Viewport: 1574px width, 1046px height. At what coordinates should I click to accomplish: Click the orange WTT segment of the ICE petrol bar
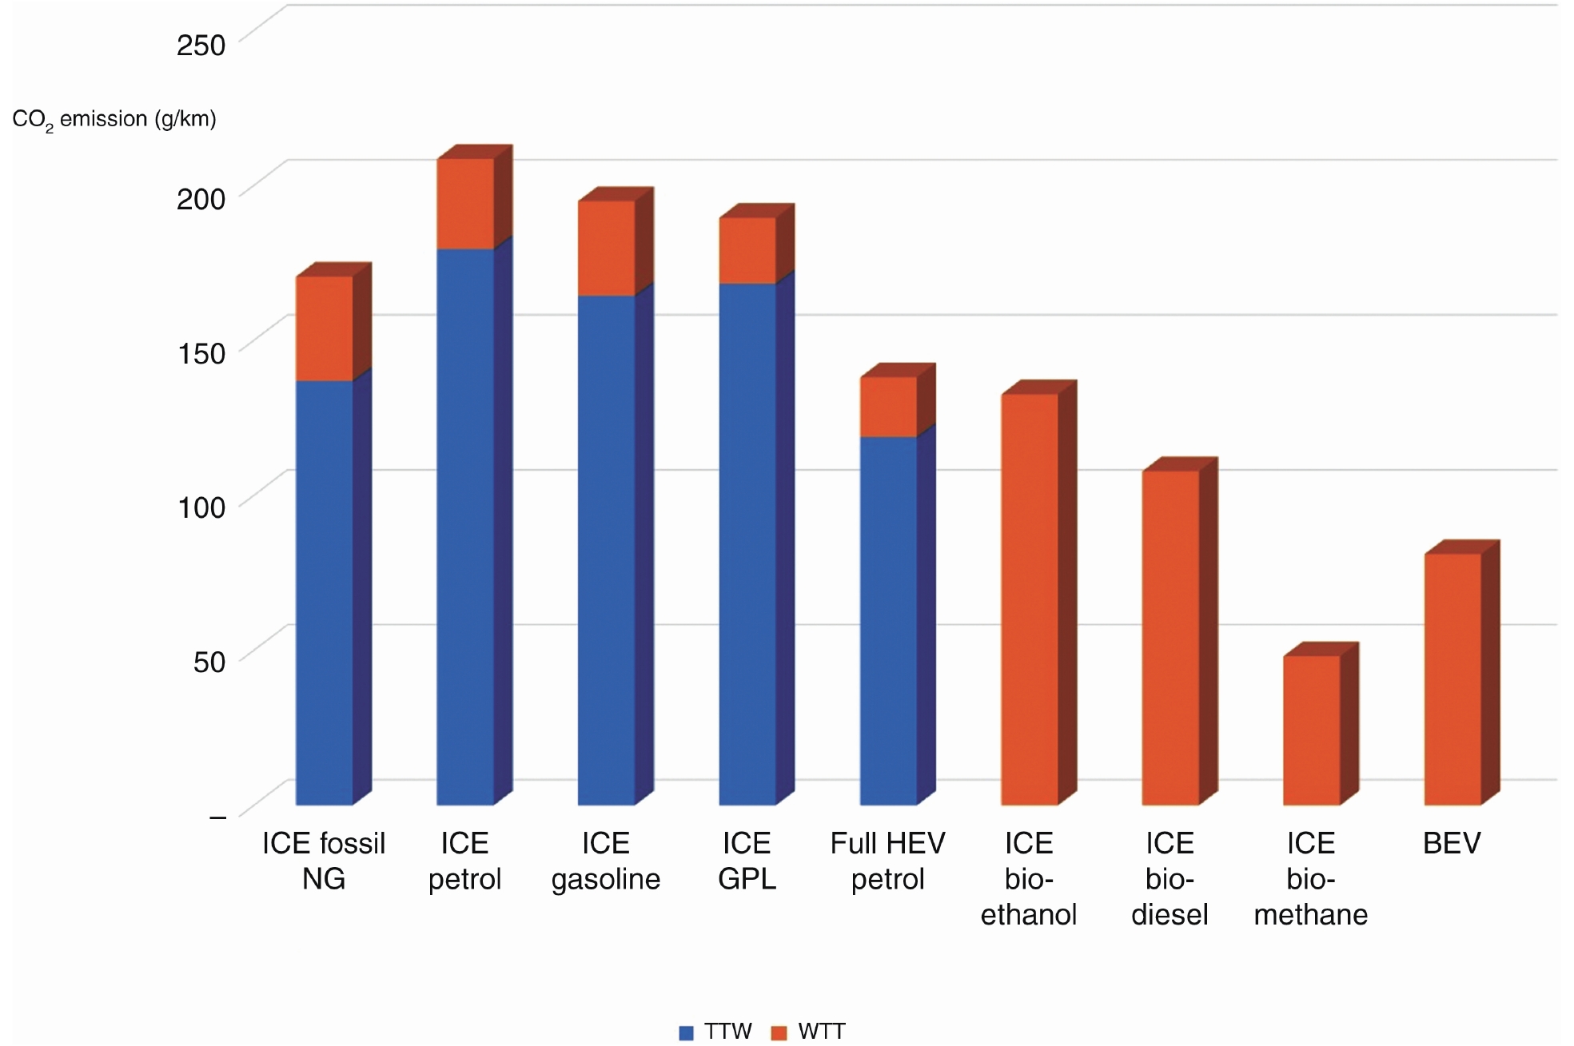tap(464, 204)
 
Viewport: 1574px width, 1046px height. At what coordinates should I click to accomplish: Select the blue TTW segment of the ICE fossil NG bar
tap(325, 591)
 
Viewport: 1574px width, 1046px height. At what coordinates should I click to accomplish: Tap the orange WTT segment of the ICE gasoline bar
tap(606, 248)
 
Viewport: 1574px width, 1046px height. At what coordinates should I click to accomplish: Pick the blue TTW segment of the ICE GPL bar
tap(747, 543)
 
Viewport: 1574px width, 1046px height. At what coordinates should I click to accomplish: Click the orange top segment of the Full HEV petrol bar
tap(888, 407)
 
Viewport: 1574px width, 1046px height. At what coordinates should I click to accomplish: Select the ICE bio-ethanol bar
tap(1030, 599)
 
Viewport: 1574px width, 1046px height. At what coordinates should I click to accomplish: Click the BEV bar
tap(1452, 679)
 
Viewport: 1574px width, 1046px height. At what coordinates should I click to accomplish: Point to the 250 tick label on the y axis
tap(201, 45)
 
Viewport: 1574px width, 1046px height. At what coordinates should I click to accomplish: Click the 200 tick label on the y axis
tap(201, 198)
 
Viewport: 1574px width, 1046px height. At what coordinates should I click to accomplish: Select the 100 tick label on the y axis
tap(201, 507)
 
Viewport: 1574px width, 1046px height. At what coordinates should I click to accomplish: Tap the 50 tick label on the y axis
tap(209, 661)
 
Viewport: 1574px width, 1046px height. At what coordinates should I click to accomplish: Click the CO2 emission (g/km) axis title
tap(114, 120)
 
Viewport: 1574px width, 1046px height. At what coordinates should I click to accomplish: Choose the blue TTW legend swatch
tap(686, 1032)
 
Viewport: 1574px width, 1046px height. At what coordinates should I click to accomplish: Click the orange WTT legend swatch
tap(779, 1032)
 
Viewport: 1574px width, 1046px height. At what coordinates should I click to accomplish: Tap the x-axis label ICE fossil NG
tap(324, 861)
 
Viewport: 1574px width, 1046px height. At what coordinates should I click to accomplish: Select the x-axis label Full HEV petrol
tap(887, 861)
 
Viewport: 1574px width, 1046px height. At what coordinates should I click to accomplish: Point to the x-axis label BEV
tap(1452, 843)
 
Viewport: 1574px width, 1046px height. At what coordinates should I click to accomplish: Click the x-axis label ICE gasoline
tap(606, 861)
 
